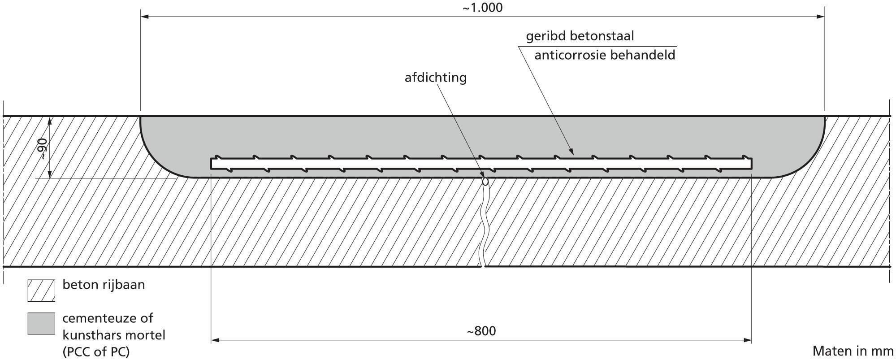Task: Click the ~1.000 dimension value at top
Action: tap(482, 8)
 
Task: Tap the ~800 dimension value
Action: tap(481, 331)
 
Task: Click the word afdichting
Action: tap(436, 78)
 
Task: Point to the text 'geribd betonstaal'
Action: tap(580, 36)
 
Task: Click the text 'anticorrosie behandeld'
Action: tap(605, 55)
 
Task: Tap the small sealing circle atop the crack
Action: tap(485, 182)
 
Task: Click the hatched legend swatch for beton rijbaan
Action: tap(41, 291)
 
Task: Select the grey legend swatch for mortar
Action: tap(41, 324)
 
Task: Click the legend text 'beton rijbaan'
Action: tap(104, 285)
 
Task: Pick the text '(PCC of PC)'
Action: tap(96, 352)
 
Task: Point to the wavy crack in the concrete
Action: tap(484, 224)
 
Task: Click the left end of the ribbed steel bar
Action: tap(212, 164)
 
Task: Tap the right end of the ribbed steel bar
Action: tap(751, 164)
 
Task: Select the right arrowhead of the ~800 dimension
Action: tap(747, 340)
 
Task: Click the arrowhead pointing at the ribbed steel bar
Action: tap(572, 152)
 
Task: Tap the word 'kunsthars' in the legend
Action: tap(89, 335)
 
